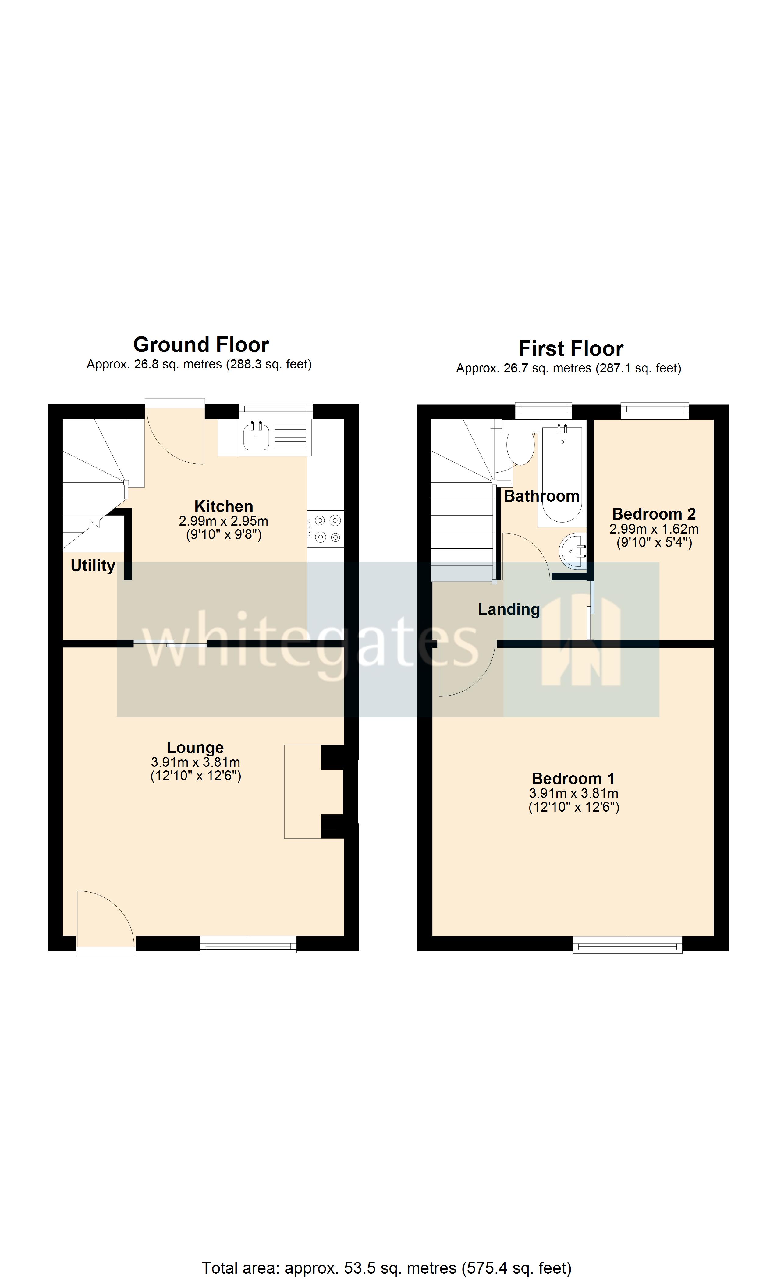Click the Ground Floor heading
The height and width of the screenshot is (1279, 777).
[x=201, y=345]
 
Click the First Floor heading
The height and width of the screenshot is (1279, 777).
[x=570, y=349]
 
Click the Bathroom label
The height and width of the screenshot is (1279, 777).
[x=541, y=496]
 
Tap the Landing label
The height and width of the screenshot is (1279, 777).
[x=509, y=609]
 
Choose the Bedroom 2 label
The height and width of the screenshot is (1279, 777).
[x=653, y=514]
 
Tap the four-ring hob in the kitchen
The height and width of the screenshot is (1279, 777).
[x=326, y=528]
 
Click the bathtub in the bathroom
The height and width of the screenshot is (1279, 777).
[x=562, y=472]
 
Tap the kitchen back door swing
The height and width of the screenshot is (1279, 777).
[x=175, y=436]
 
